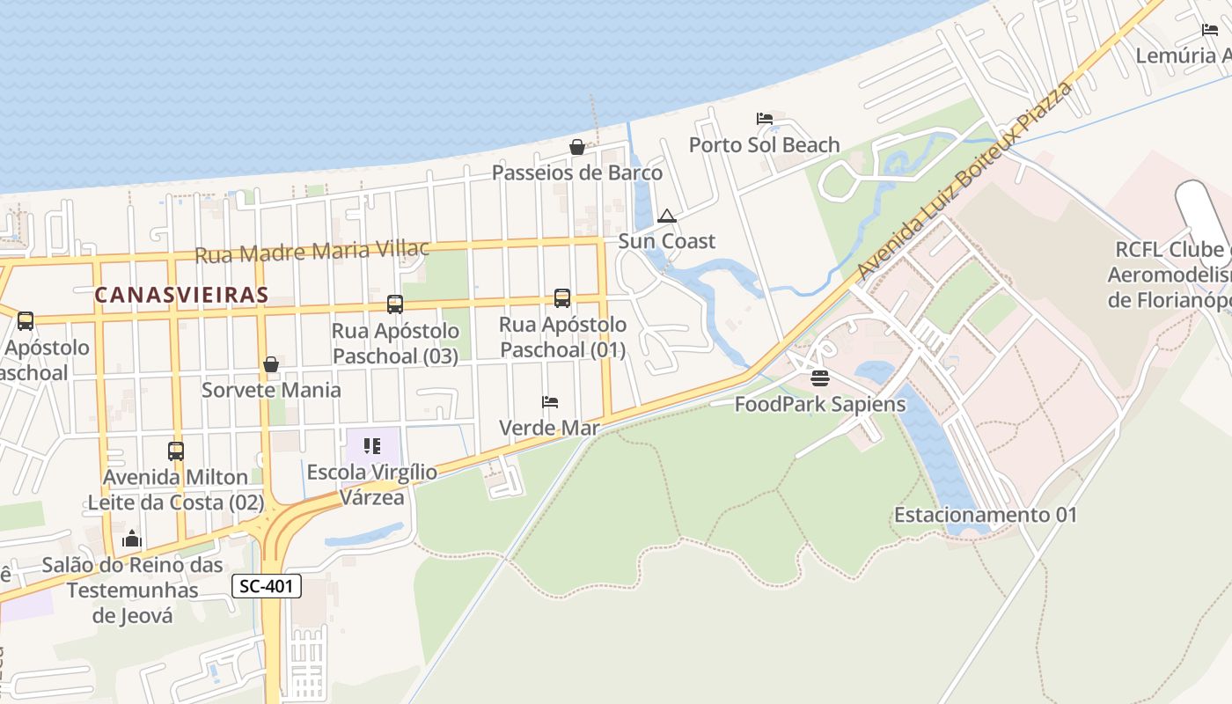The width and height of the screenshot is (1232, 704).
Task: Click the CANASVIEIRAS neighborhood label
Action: click(x=181, y=295)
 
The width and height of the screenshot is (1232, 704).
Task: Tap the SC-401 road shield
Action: click(x=268, y=586)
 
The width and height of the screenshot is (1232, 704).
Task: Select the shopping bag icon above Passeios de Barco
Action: click(x=577, y=147)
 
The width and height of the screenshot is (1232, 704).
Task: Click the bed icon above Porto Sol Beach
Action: click(x=764, y=119)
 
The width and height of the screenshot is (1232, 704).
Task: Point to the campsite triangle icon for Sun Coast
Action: click(x=667, y=216)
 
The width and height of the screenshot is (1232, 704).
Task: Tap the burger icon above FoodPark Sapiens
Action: click(x=820, y=378)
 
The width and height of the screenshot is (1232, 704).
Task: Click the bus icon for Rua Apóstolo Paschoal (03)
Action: click(x=395, y=304)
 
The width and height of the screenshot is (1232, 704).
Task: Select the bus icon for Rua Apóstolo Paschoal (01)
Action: click(x=562, y=298)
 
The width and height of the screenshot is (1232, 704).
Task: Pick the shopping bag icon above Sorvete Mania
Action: click(x=271, y=364)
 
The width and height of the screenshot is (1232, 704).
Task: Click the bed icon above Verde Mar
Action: click(x=550, y=402)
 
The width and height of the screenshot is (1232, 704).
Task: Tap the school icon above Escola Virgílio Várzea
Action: click(x=372, y=446)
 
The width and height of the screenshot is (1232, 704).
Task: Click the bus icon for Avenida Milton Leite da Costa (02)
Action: click(x=176, y=451)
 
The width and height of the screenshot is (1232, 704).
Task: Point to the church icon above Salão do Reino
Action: click(x=132, y=539)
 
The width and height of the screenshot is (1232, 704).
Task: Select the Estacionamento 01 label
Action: click(x=986, y=515)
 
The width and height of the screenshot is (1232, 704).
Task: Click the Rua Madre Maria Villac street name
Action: click(x=312, y=252)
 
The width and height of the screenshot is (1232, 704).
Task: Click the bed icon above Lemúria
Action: click(x=1210, y=30)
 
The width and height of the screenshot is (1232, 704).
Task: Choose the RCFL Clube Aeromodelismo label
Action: click(x=1169, y=275)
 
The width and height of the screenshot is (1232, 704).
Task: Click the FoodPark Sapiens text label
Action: click(x=820, y=405)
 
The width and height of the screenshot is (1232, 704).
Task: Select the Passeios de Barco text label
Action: click(x=577, y=172)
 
